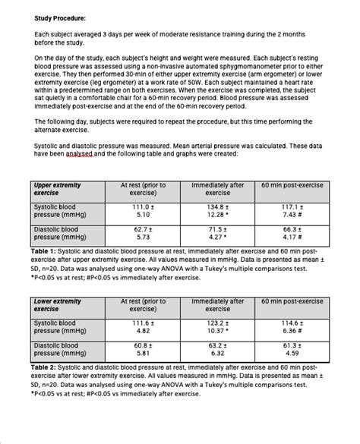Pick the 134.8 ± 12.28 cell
point(218,210)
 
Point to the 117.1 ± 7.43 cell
point(292,210)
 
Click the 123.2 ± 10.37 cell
point(218,327)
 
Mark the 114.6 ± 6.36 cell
point(292,327)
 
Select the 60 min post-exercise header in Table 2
point(292,301)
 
